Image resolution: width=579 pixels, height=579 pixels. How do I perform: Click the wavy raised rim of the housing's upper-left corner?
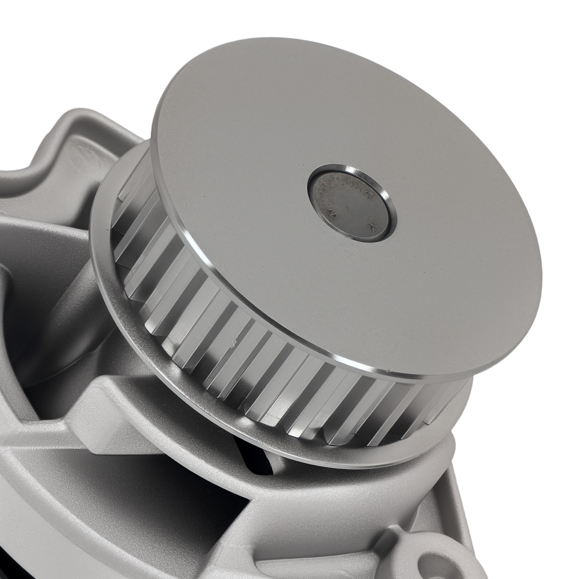69,133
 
